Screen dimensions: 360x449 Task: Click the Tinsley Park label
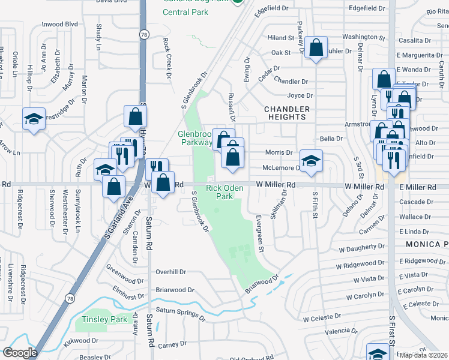coord(105,320)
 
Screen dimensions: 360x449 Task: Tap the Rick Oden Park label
coord(224,192)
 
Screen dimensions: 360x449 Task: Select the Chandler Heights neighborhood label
coord(288,113)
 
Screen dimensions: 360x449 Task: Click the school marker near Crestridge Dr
coord(34,118)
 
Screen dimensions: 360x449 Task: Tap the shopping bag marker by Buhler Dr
coord(316,48)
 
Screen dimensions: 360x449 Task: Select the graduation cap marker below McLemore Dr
coord(311,160)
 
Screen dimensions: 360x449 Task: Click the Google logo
coord(20,353)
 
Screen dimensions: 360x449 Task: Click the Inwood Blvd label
coord(60,24)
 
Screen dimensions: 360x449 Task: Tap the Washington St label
coord(363,37)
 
